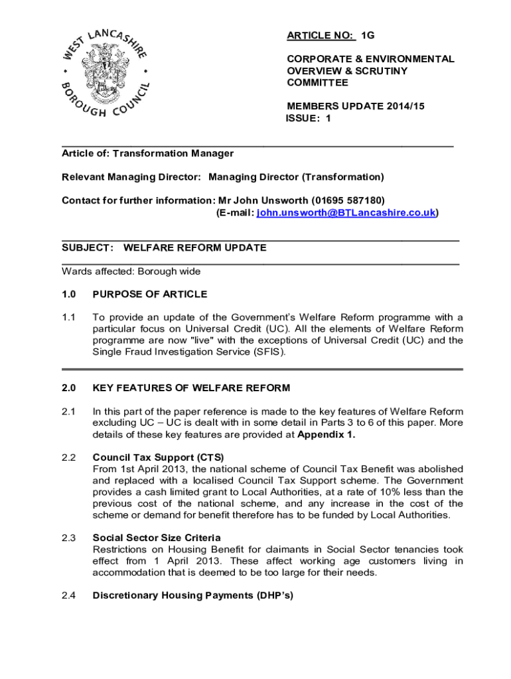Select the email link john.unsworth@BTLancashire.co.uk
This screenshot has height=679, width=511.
tap(346, 213)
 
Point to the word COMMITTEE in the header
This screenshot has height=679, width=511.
tap(317, 83)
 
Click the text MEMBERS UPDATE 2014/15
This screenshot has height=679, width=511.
tap(355, 106)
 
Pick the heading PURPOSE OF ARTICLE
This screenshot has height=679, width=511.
tap(150, 294)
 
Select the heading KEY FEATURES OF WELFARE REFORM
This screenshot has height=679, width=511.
tap(191, 388)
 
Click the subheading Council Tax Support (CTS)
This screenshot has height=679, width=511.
tap(159, 457)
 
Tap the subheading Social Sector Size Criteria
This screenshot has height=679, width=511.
tap(157, 537)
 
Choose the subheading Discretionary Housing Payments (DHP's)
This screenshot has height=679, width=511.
tap(192, 595)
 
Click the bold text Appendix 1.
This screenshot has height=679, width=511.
tap(327, 435)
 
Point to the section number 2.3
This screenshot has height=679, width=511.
tap(69, 537)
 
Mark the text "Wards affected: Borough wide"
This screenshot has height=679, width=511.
tap(131, 271)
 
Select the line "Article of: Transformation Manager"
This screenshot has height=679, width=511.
tap(147, 153)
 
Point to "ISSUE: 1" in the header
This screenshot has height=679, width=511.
tap(308, 119)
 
